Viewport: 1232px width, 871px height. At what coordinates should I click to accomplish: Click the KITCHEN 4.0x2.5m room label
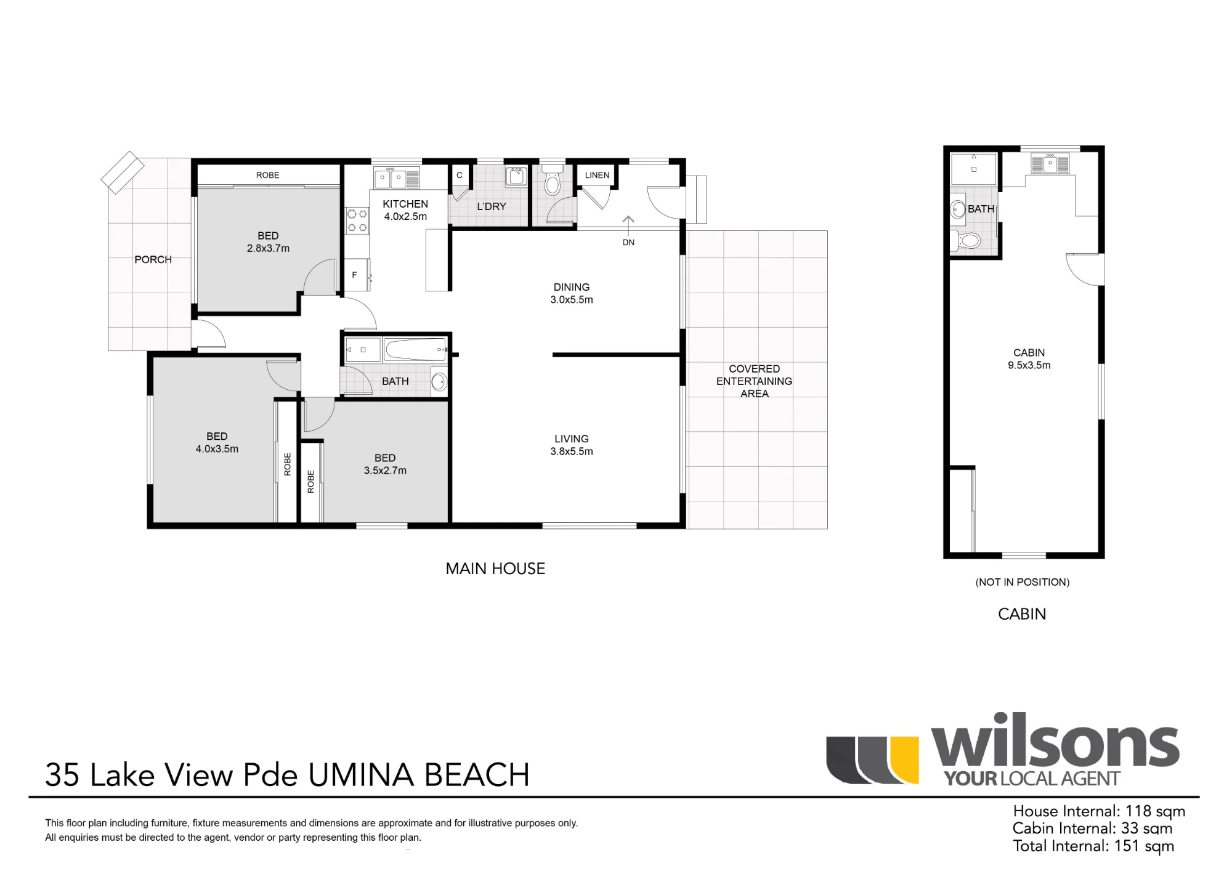[405, 210]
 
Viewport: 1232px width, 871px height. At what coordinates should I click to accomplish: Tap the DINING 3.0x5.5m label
[572, 293]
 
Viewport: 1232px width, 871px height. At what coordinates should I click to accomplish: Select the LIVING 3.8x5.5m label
[572, 445]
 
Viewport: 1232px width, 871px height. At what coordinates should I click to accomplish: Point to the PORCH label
[153, 259]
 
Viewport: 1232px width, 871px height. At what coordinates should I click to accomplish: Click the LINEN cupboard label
[597, 175]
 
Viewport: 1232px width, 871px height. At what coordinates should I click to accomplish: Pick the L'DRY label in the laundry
[492, 206]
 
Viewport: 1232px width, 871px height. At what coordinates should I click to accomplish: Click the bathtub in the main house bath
[416, 349]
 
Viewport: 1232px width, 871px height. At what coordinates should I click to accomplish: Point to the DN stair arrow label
[628, 242]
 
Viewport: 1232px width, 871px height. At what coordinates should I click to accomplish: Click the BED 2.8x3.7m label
[268, 242]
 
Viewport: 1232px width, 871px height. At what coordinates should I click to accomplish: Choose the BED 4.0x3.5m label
[217, 442]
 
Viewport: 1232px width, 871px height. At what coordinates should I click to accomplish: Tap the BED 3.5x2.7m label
[385, 464]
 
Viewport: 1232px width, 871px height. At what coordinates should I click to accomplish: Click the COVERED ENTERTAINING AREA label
[754, 381]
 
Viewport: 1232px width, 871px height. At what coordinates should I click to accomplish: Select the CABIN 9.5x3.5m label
[1029, 359]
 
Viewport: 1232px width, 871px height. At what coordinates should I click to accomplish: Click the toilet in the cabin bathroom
[966, 240]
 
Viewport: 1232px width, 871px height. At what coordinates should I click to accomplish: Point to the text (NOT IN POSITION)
[1023, 582]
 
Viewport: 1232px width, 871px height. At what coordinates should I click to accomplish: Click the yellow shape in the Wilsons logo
[906, 760]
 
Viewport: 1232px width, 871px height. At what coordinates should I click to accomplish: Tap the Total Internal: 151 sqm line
[1093, 846]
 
